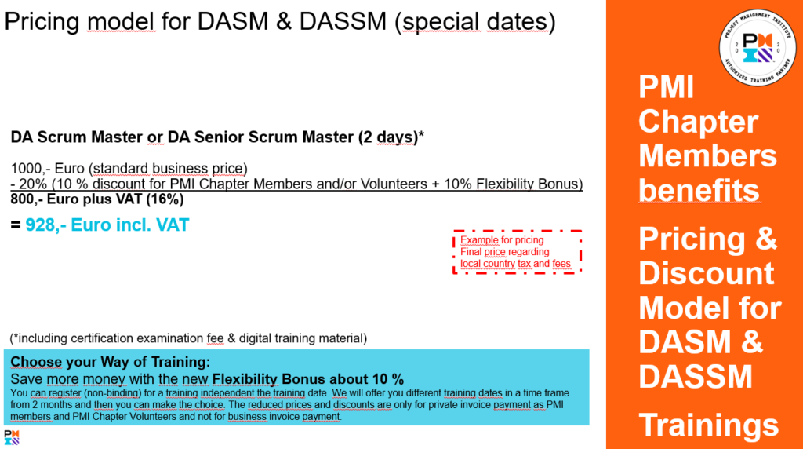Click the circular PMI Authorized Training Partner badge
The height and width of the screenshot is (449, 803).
pyautogui.click(x=758, y=47)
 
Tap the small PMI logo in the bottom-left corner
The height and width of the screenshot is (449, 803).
pyautogui.click(x=12, y=437)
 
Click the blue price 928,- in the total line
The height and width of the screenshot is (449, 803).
pyautogui.click(x=45, y=225)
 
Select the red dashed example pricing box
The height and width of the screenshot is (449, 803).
pyautogui.click(x=518, y=252)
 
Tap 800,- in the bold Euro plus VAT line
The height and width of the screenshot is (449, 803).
pyautogui.click(x=26, y=199)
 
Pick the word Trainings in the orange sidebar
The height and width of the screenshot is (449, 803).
pyautogui.click(x=708, y=425)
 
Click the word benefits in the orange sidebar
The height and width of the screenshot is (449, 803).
pyautogui.click(x=699, y=190)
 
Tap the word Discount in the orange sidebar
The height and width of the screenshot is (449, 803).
pyautogui.click(x=707, y=273)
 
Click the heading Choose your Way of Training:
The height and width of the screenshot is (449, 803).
pyautogui.click(x=110, y=362)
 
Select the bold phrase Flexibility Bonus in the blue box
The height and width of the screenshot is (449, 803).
pyautogui.click(x=268, y=379)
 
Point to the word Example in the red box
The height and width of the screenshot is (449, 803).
pyautogui.click(x=479, y=240)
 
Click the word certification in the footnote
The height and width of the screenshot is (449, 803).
pyautogui.click(x=102, y=338)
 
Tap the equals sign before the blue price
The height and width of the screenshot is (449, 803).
pyautogui.click(x=16, y=224)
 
